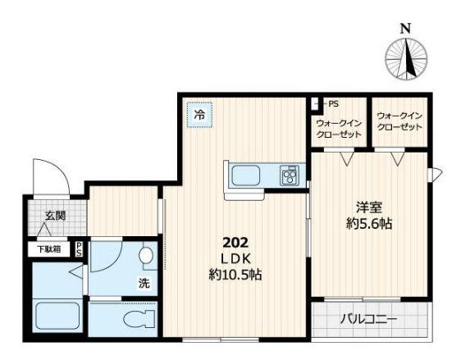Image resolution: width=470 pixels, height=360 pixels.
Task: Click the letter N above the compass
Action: [405, 29]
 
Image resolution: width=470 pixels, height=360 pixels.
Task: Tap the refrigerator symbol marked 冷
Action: [199, 115]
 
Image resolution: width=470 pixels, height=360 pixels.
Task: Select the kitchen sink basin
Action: [245, 175]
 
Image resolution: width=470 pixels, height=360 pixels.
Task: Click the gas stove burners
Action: [290, 175]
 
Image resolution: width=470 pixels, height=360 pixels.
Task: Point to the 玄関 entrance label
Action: [55, 216]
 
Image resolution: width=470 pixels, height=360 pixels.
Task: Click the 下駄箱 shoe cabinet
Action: [49, 249]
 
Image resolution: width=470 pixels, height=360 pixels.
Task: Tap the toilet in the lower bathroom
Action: [139, 318]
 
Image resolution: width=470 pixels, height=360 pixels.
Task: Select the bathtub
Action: [57, 316]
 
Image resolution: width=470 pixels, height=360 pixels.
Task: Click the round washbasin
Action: [146, 256]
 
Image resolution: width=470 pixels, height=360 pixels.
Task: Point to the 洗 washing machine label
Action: [144, 283]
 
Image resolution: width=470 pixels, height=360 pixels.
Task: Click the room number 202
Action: [235, 243]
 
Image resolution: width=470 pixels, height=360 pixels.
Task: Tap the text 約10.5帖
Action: [235, 275]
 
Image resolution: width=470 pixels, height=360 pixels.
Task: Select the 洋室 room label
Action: [369, 207]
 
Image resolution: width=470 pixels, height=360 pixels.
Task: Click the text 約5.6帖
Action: [369, 224]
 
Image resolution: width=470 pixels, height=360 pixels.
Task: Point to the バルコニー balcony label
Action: [368, 319]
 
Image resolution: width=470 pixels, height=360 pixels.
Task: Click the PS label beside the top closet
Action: [333, 104]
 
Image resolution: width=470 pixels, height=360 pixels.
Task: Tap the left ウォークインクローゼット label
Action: [339, 129]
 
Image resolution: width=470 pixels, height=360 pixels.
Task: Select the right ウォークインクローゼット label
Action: [399, 121]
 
